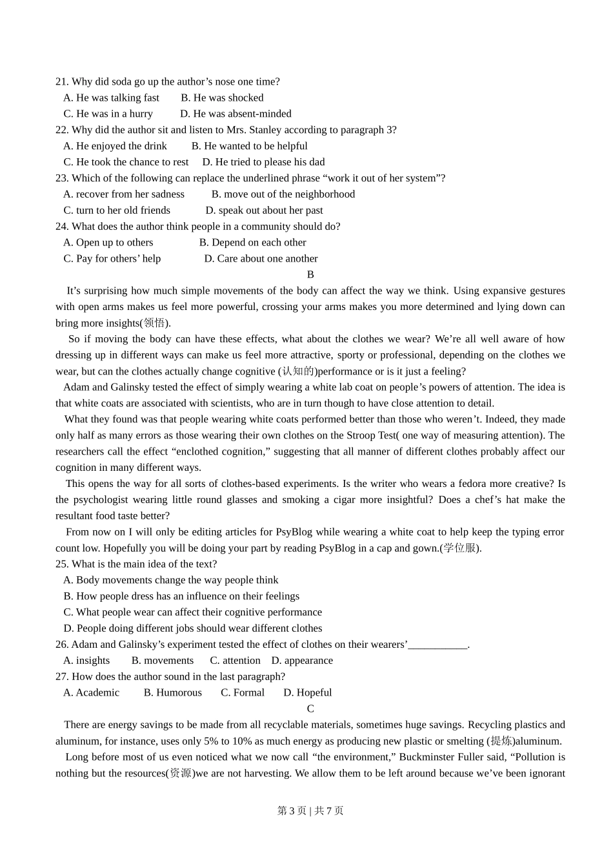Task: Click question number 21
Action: (x=62, y=81)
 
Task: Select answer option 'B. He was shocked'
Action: (x=222, y=98)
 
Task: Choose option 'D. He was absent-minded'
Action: (x=236, y=114)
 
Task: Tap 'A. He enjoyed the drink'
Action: (x=115, y=146)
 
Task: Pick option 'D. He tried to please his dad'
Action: (x=263, y=162)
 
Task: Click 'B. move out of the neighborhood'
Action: (x=283, y=194)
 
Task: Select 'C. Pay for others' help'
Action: (x=112, y=258)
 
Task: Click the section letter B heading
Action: (x=310, y=274)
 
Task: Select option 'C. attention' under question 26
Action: (x=235, y=661)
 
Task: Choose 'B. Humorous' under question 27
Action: (x=172, y=692)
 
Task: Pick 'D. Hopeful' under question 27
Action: (x=307, y=692)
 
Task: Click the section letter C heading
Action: (x=310, y=708)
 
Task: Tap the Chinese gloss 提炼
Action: (x=501, y=741)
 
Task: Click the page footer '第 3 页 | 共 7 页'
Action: (x=310, y=811)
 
